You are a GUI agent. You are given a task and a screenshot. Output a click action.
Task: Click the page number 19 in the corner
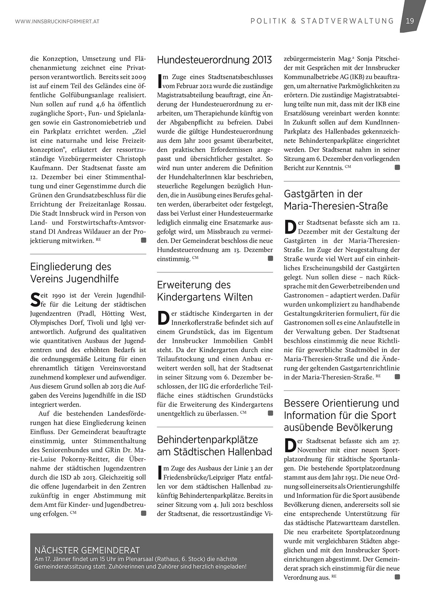410,21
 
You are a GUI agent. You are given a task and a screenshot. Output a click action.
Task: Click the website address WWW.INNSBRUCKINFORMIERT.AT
58,22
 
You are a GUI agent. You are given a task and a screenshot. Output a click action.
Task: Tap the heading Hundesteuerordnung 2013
214,60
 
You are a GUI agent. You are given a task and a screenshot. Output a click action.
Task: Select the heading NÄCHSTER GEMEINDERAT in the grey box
87,550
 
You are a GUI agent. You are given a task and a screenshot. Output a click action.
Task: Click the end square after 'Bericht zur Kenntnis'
397,167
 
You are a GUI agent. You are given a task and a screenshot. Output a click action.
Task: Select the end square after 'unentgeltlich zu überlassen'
270,413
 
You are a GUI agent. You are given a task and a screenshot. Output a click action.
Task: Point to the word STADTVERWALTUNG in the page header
347,21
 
